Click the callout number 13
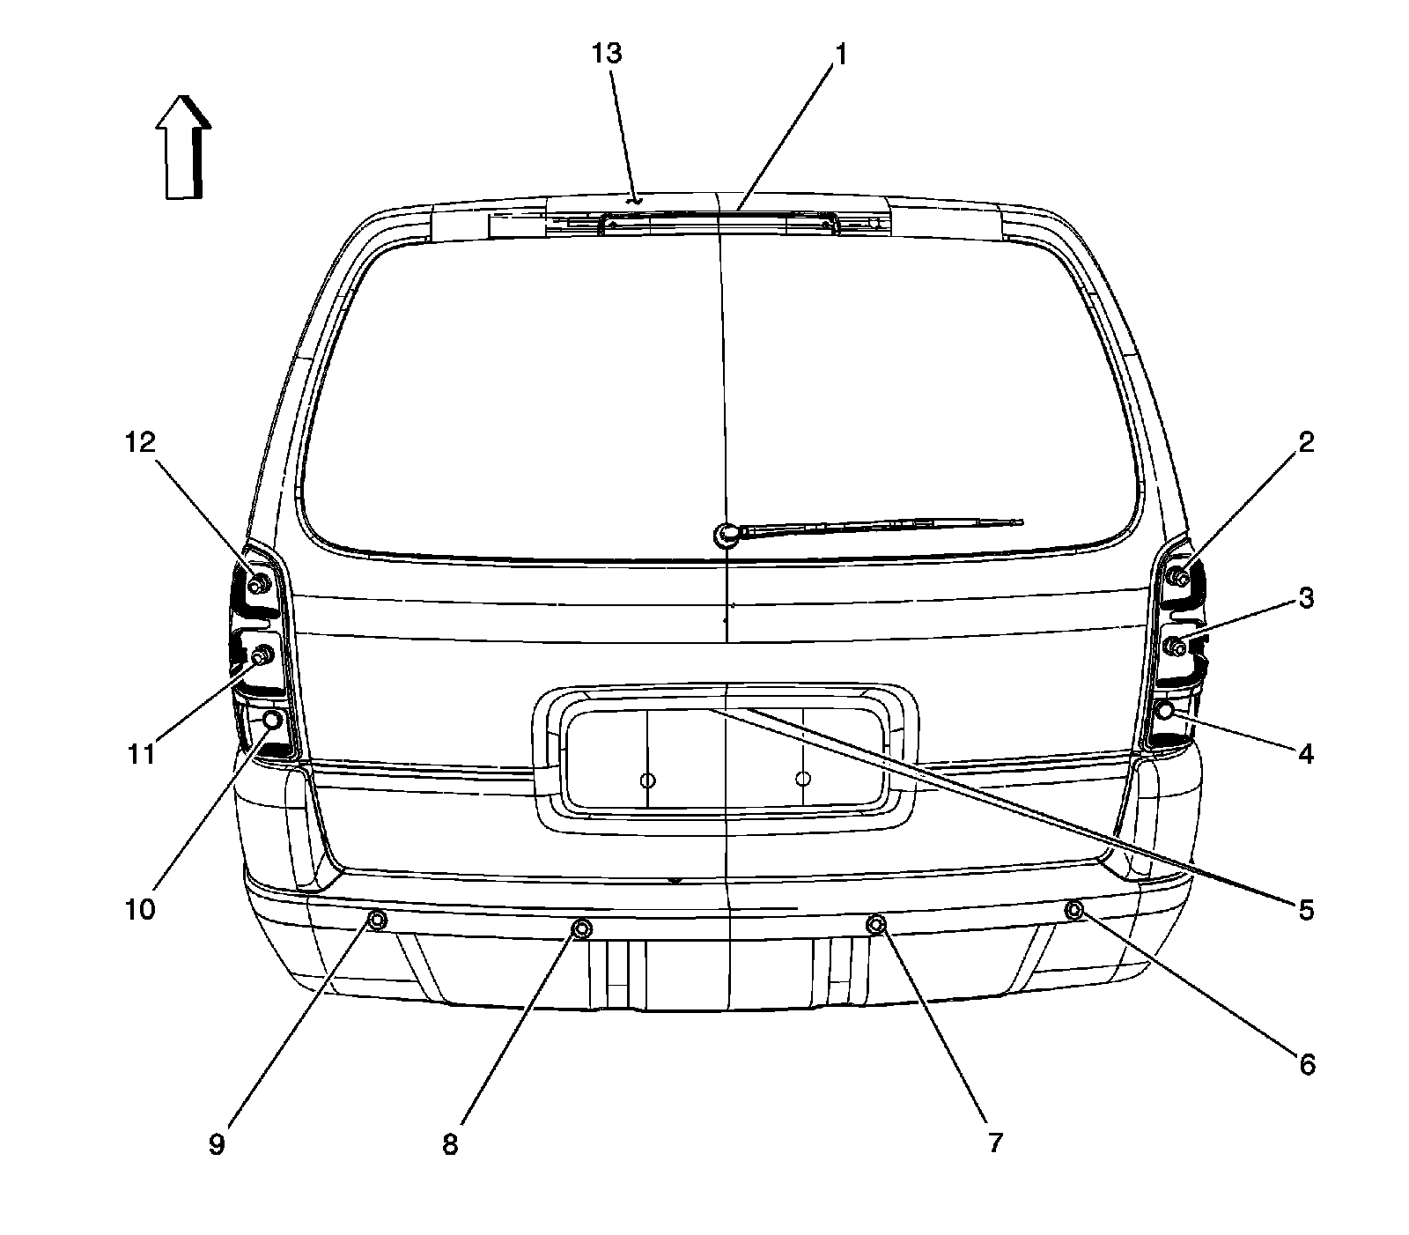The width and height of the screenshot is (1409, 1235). click(x=607, y=53)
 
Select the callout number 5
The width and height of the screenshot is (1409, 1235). click(x=1305, y=909)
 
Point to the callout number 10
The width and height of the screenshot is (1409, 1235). click(x=139, y=908)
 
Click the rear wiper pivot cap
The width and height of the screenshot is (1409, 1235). click(x=726, y=533)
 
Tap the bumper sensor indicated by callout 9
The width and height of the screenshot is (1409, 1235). click(x=376, y=921)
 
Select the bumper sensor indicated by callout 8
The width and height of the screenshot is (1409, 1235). click(x=582, y=928)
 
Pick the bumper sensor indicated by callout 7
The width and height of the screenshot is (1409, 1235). click(x=876, y=924)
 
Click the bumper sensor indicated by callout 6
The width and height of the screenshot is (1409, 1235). click(x=1073, y=909)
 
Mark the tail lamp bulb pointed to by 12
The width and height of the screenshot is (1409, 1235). click(x=260, y=585)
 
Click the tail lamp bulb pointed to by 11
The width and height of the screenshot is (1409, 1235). click(x=262, y=656)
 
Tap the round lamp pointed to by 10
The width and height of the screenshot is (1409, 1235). click(x=272, y=720)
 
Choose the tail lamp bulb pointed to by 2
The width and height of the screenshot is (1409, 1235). click(x=1179, y=577)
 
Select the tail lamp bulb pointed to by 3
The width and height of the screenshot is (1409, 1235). click(x=1177, y=648)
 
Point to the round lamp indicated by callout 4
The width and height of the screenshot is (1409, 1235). click(x=1164, y=710)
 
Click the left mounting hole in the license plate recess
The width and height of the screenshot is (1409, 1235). click(x=647, y=780)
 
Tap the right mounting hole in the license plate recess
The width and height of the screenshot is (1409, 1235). click(x=802, y=779)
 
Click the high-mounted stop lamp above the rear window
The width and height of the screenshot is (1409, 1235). click(x=718, y=225)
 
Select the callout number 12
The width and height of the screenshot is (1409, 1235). click(x=139, y=442)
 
